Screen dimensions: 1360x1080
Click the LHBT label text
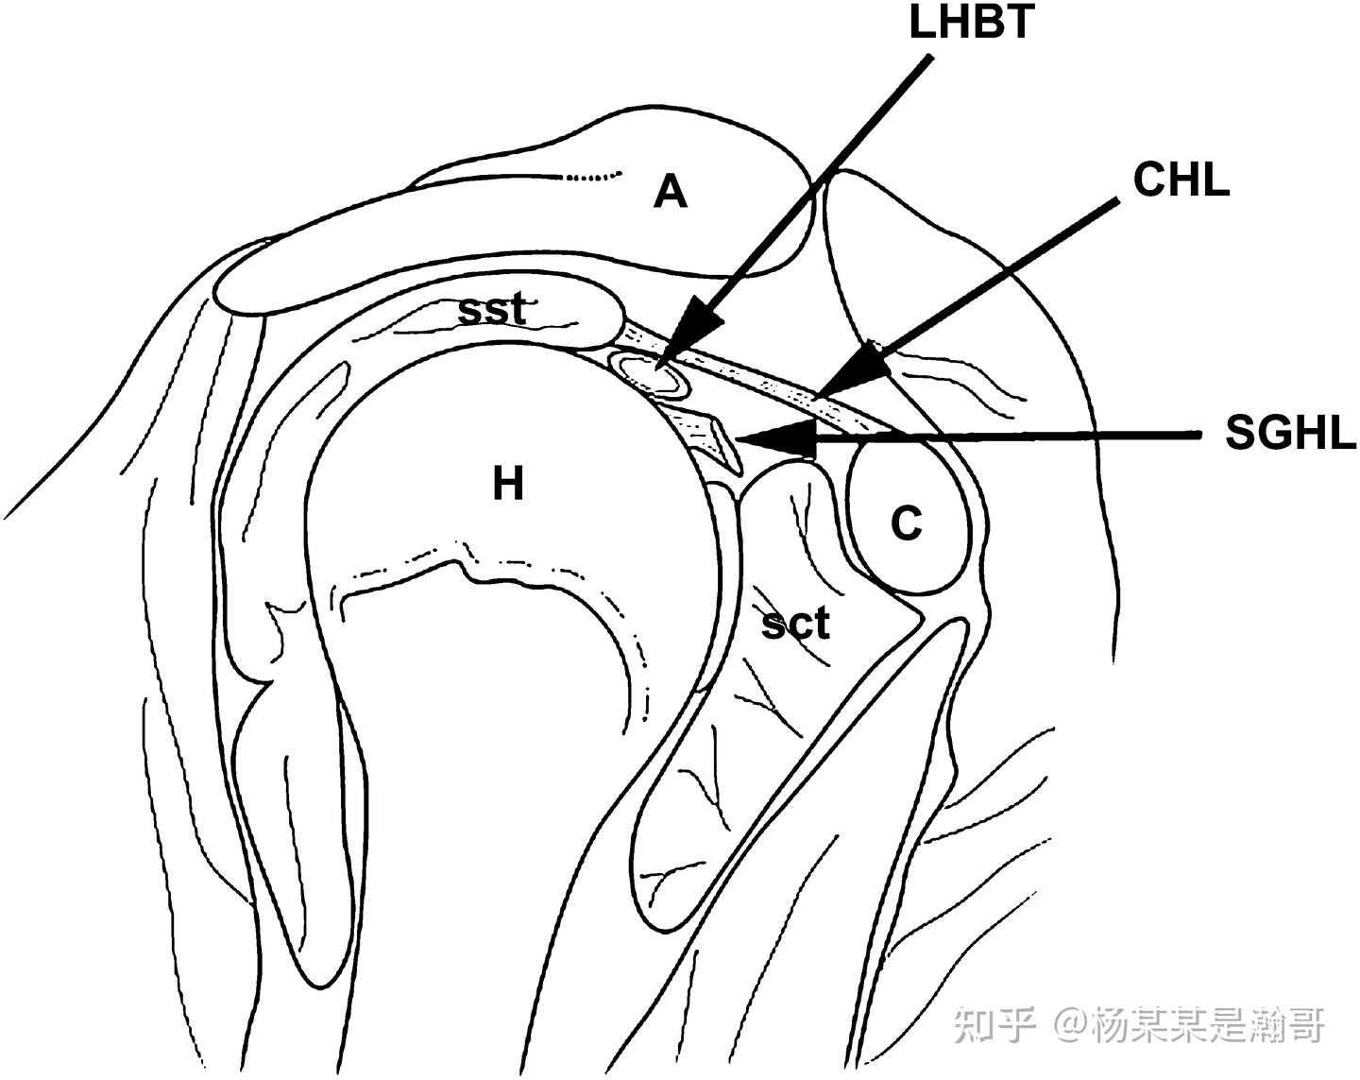pyautogui.click(x=970, y=24)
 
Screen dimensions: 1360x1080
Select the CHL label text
pyautogui.click(x=1181, y=180)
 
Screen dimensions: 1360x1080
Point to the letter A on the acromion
pyautogui.click(x=671, y=193)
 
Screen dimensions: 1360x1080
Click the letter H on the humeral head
pyautogui.click(x=508, y=485)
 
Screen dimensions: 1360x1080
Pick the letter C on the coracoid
pyautogui.click(x=907, y=523)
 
